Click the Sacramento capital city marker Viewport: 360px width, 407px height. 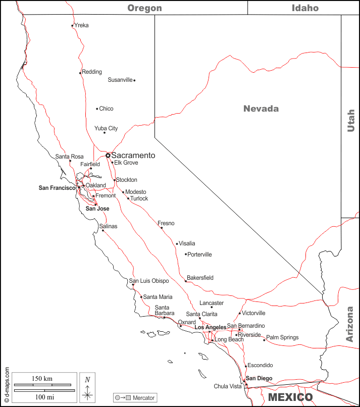coord(108,156)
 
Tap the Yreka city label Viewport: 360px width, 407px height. coord(81,25)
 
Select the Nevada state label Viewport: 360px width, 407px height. coord(261,109)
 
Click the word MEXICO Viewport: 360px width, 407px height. coord(290,397)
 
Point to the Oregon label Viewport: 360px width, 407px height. coord(144,8)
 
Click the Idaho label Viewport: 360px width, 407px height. coord(305,8)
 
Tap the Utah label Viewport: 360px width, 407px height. coord(351,121)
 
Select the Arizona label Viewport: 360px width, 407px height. coord(350,324)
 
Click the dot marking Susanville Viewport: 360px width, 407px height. coord(134,80)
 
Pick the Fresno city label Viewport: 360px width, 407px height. coord(166,223)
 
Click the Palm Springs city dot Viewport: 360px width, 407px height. coord(264,340)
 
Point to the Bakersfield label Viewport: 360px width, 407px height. coord(200,278)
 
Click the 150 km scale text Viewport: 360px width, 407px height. coord(42,379)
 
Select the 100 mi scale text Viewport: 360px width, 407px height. coord(44,397)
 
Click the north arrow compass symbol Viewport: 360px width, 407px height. coord(87,388)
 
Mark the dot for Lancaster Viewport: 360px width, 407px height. coord(212,307)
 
